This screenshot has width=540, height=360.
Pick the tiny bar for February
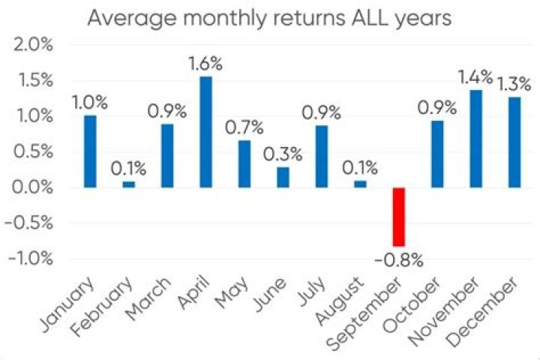coord(129,184)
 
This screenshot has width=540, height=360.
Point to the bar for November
coord(475,139)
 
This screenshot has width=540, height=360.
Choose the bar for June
coord(283,177)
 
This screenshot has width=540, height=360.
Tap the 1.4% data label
coord(475,76)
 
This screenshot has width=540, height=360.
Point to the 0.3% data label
coord(283,154)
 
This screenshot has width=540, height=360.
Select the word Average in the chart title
coord(121,17)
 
